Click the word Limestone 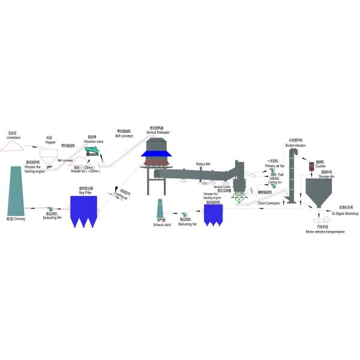[x=13, y=137]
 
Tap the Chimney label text [x=18, y=220]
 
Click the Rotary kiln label [x=205, y=163]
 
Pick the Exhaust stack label [x=161, y=224]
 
